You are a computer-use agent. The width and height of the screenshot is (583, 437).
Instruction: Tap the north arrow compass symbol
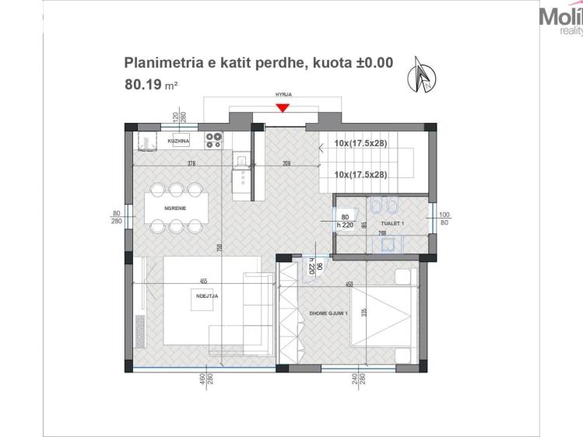click(423, 76)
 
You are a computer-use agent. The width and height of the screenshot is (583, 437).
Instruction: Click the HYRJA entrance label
click(283, 98)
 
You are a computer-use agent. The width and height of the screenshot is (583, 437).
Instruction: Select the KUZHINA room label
click(179, 142)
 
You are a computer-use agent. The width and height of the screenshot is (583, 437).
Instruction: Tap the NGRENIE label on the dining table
click(174, 209)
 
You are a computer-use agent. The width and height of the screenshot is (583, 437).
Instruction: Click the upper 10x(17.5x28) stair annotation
click(360, 143)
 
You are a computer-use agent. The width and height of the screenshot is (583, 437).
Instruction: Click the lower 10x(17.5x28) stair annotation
click(360, 174)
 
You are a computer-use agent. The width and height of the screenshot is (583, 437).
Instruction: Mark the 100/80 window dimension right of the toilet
click(444, 218)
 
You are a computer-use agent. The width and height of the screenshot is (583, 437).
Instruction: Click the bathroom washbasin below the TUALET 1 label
click(386, 244)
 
